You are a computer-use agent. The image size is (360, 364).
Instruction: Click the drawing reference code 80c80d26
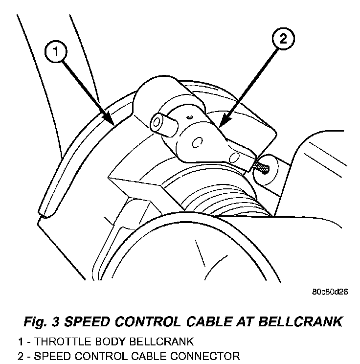pos(330,292)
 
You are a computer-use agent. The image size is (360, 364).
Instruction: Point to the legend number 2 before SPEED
pos(20,355)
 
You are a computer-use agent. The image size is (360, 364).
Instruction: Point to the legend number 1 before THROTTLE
pos(20,341)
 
